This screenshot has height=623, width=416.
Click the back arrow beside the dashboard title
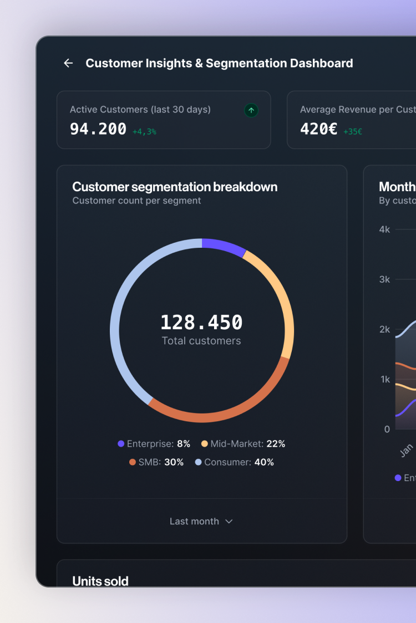pyautogui.click(x=68, y=63)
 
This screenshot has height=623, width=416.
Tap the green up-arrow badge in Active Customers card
pyautogui.click(x=251, y=110)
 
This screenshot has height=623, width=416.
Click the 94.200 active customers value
pyautogui.click(x=98, y=129)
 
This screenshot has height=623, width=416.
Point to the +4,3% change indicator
pyautogui.click(x=144, y=132)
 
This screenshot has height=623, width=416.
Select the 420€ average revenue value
pyautogui.click(x=318, y=129)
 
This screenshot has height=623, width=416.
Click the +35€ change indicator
pyautogui.click(x=353, y=132)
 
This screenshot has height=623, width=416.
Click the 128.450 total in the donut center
pyautogui.click(x=201, y=323)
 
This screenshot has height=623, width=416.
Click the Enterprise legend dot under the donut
pyautogui.click(x=121, y=444)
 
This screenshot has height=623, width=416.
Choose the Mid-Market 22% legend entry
pyautogui.click(x=243, y=444)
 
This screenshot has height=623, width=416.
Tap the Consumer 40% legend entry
pyautogui.click(x=235, y=462)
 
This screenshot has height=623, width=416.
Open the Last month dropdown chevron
pyautogui.click(x=229, y=522)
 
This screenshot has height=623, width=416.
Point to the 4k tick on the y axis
pyautogui.click(x=384, y=229)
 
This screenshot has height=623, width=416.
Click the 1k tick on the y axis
pyautogui.click(x=384, y=379)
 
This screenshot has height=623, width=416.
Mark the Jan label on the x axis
pyautogui.click(x=407, y=450)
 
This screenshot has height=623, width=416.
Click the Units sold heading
pyautogui.click(x=100, y=581)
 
